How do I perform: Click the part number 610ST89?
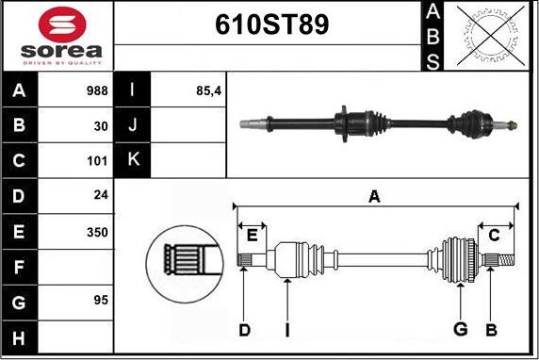click(x=272, y=25)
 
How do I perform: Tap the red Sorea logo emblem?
click(x=62, y=25)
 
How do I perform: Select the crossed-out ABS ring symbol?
click(x=491, y=36)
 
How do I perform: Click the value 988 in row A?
click(x=97, y=90)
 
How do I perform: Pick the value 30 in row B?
click(x=101, y=126)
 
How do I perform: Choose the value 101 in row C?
click(x=97, y=161)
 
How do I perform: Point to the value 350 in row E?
click(x=97, y=233)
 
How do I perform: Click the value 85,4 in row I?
click(x=208, y=91)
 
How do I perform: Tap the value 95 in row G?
click(x=101, y=300)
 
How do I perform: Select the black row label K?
click(x=134, y=159)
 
